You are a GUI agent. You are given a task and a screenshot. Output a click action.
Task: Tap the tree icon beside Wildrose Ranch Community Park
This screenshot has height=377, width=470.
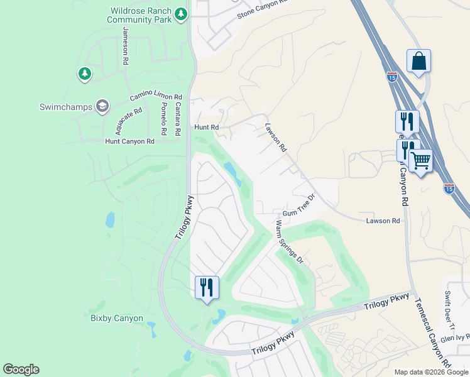coord(181,13)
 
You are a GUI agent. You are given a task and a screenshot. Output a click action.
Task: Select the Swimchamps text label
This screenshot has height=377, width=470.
coord(65,106)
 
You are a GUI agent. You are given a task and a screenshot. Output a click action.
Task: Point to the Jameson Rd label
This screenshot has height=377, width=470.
coord(126,47)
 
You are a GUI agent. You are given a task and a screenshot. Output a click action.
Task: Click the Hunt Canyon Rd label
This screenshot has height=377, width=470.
coord(129,141)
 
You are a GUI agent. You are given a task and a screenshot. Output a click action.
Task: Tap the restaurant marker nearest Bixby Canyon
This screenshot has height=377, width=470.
coord(207,288)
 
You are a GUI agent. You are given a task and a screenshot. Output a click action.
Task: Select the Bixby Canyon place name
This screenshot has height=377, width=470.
coord(117,319)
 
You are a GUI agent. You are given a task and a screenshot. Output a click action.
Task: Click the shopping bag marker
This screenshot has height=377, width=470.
coord(418,62)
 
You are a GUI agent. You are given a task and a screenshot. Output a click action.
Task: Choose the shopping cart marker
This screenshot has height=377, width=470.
coord(420,161)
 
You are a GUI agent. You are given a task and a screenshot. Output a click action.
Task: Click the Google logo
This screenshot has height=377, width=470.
coord(21,369)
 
